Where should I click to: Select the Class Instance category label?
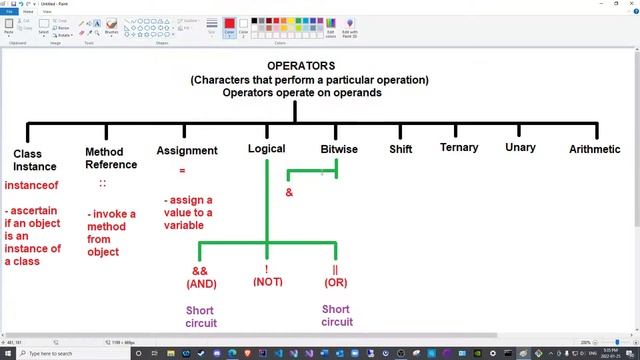click(34, 160)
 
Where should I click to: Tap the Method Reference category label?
click(111, 158)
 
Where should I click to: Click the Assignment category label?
click(187, 151)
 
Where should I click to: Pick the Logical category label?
click(266, 149)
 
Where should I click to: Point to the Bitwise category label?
click(339, 149)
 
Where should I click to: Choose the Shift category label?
click(400, 149)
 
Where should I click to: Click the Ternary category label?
click(459, 148)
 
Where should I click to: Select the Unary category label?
click(520, 148)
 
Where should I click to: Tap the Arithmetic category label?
click(594, 149)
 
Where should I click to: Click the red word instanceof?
click(32, 186)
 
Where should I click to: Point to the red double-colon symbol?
click(102, 184)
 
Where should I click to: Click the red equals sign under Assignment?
click(182, 171)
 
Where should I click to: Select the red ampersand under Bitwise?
click(289, 192)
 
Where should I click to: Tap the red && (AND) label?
click(200, 277)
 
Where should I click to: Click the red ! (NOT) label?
click(267, 276)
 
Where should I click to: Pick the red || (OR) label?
click(336, 276)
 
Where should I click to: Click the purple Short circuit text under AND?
click(201, 316)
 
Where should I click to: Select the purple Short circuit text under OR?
click(336, 315)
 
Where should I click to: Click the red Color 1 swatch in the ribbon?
click(229, 24)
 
